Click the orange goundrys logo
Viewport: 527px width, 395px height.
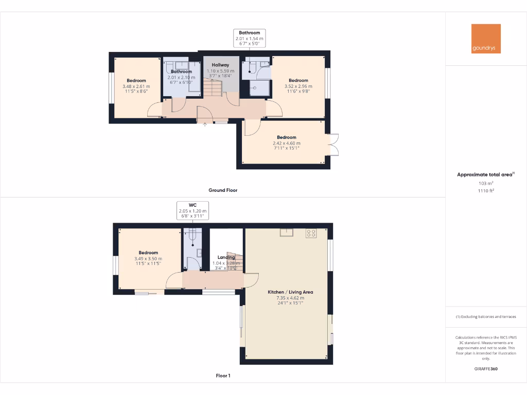pyautogui.click(x=486, y=39)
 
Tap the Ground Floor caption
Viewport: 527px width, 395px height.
pyautogui.click(x=223, y=190)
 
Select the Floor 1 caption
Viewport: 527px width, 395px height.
pyautogui.click(x=223, y=376)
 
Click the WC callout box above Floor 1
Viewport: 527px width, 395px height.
pyautogui.click(x=193, y=210)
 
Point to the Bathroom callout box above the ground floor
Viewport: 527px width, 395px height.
pyautogui.click(x=250, y=39)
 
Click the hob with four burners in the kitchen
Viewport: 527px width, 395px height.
pyautogui.click(x=311, y=233)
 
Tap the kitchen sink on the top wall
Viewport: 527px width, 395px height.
pyautogui.click(x=287, y=232)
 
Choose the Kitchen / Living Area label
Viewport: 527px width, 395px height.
pyautogui.click(x=290, y=292)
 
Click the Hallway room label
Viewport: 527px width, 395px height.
pyautogui.click(x=220, y=65)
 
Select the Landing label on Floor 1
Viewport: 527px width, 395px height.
pyautogui.click(x=226, y=257)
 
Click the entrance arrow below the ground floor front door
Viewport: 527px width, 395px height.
pyautogui.click(x=205, y=124)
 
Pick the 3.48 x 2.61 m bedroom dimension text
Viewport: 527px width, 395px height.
pyautogui.click(x=136, y=86)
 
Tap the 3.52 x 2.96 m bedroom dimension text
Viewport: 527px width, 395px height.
pyautogui.click(x=298, y=86)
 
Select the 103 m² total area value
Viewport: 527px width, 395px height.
pyautogui.click(x=486, y=183)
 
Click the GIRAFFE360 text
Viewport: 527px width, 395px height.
pyautogui.click(x=486, y=369)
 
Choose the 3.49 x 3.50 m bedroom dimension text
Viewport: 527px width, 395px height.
pyautogui.click(x=148, y=259)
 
